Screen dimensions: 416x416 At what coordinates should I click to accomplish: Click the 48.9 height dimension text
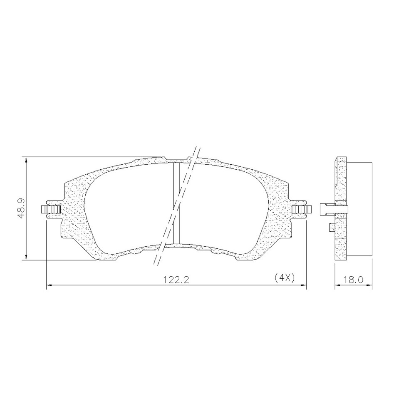21,208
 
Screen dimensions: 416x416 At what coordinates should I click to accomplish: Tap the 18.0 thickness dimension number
353,280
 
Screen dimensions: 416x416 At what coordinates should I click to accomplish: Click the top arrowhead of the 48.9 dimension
26,161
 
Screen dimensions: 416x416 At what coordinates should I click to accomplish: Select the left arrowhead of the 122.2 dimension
48,285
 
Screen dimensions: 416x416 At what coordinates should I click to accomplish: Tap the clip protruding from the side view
324,209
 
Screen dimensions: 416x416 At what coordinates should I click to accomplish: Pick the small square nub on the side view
332,227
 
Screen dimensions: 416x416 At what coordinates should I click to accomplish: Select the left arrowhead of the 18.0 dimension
338,285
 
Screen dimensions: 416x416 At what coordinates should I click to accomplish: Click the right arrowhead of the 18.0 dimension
369,285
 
